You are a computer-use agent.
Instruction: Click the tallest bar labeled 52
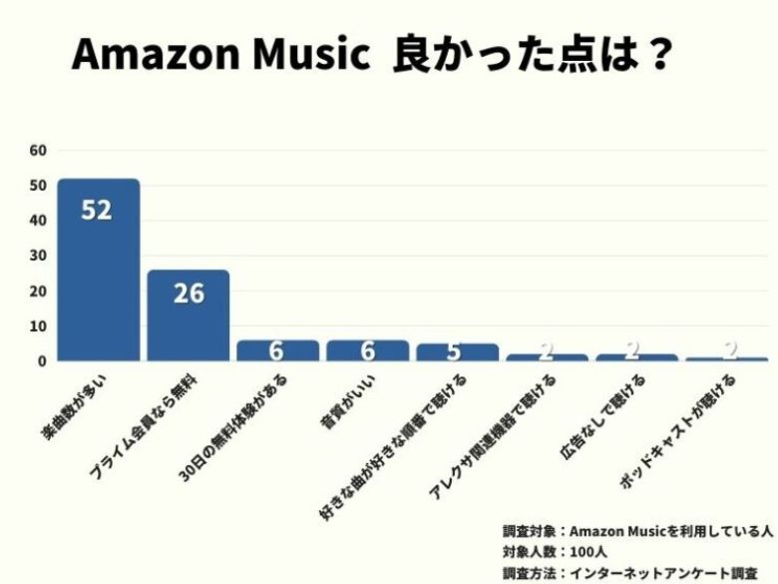coord(98,270)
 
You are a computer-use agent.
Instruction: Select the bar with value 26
coord(188,314)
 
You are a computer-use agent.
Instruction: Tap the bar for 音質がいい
coord(367,350)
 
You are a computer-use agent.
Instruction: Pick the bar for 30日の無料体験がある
coord(277,350)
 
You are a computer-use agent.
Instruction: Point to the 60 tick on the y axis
coord(39,151)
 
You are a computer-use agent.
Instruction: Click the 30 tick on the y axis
coord(39,256)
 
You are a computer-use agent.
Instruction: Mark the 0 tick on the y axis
coord(43,360)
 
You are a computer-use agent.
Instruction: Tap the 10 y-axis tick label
coord(39,325)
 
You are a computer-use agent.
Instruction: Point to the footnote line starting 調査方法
coord(629,573)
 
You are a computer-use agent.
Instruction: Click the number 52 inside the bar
coord(96,211)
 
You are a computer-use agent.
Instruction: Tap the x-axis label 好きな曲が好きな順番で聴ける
coord(389,439)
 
